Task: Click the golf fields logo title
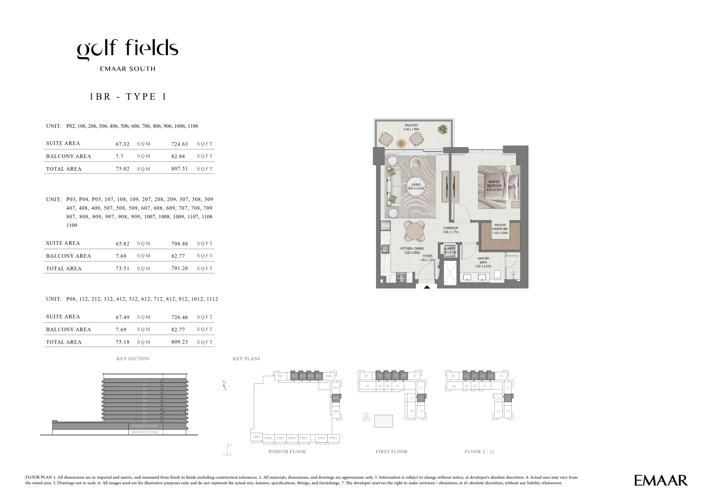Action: (127, 50)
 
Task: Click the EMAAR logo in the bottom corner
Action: (661, 480)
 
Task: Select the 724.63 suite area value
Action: (180, 144)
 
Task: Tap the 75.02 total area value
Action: (122, 169)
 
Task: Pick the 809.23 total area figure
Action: (180, 342)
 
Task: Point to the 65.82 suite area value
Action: (122, 244)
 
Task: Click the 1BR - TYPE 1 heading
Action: (128, 97)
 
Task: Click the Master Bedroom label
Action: (494, 186)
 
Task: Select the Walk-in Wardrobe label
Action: (500, 229)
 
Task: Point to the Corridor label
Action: (451, 230)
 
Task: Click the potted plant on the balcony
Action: (442, 129)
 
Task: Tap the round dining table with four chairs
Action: (414, 232)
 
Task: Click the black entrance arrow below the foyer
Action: (427, 287)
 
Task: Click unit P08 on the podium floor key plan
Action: (336, 398)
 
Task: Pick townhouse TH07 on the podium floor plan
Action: (256, 437)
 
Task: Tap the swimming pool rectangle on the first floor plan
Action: (384, 421)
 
